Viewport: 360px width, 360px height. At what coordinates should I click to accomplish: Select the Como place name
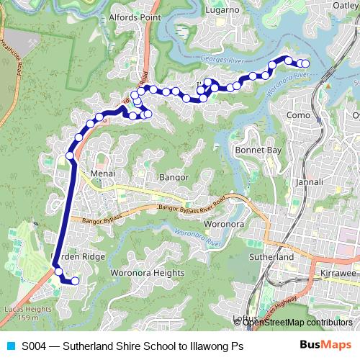[x=298, y=115]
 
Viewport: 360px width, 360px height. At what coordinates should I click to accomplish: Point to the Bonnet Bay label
[x=257, y=150]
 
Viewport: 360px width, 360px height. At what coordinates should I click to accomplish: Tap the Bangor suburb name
[x=174, y=176]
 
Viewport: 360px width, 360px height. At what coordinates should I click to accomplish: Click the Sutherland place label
[x=269, y=256]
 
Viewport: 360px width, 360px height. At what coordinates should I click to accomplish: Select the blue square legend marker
[x=9, y=346]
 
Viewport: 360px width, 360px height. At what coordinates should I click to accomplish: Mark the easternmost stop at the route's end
[x=304, y=64]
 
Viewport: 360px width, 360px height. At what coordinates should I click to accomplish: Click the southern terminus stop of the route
[x=74, y=281]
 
